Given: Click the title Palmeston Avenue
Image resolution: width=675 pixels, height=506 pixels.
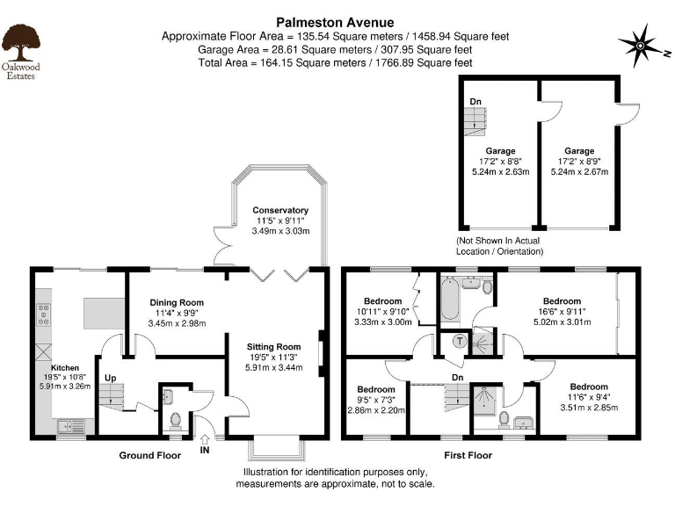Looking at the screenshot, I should click(336, 21).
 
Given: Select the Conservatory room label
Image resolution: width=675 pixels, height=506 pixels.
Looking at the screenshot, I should click(280, 211).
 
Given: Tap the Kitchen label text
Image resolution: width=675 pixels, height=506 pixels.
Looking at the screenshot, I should click(64, 368).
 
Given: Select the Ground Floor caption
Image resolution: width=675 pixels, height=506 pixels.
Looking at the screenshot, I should click(149, 456).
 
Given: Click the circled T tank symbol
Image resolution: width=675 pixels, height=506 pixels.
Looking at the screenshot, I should click(459, 341).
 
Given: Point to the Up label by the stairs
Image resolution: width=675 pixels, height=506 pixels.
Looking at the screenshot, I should click(110, 379).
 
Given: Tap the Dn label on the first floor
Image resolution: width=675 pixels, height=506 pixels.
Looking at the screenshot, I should click(457, 378).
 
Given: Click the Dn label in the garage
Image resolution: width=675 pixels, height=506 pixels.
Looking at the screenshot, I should click(475, 102).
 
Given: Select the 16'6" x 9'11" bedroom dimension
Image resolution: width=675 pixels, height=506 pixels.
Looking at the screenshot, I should click(561, 311).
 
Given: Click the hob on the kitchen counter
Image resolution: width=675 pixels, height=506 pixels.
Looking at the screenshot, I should click(43, 314).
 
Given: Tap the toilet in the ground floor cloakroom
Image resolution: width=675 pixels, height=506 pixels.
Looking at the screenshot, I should click(175, 420).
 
